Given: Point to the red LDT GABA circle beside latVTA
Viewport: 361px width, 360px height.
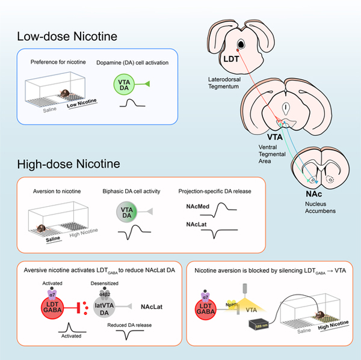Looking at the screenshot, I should click(x=52, y=305).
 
